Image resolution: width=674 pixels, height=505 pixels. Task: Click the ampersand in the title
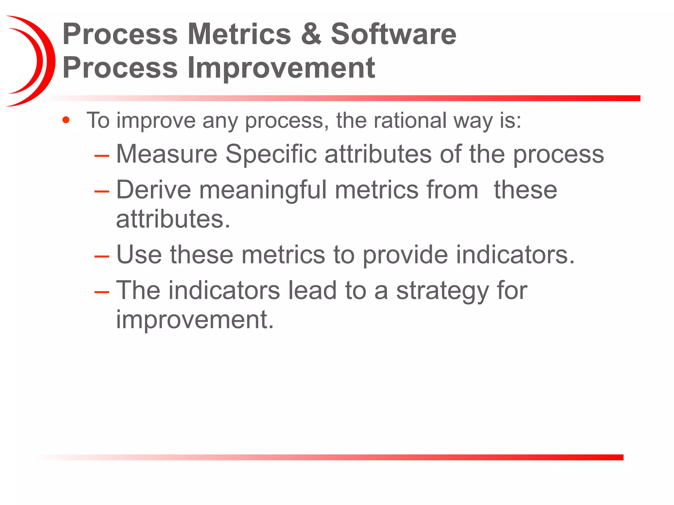point(311,34)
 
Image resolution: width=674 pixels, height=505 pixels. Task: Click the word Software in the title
point(393,34)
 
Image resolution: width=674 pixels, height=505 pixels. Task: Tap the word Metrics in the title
point(239,34)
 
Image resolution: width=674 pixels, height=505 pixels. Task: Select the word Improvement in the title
point(281,68)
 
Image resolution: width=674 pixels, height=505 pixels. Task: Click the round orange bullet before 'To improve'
point(66,120)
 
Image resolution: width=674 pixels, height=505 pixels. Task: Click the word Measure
point(167,154)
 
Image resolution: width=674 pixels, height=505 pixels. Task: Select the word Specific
point(271,154)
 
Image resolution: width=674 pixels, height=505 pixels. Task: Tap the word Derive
point(153,190)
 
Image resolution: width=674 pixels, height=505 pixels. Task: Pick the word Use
point(139,254)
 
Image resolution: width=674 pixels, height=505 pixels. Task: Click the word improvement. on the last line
point(195,320)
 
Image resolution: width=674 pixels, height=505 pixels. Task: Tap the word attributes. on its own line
point(173,219)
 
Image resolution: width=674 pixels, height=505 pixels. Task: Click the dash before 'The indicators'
point(102,292)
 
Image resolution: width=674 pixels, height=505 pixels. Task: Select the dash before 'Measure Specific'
point(102,155)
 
